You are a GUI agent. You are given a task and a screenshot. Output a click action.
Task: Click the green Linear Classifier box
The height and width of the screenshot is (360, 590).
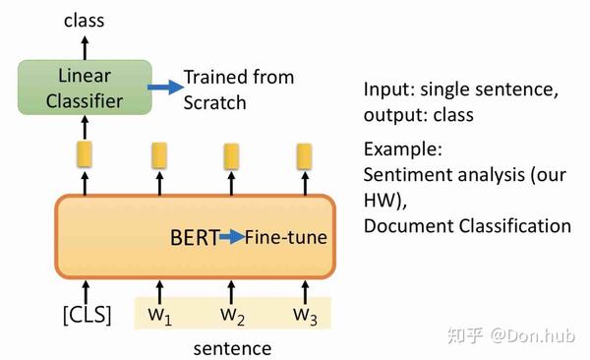[85, 88]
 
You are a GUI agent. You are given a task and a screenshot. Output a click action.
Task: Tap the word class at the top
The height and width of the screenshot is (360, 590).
[85, 19]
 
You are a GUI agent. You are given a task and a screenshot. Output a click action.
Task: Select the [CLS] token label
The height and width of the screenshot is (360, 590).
[86, 315]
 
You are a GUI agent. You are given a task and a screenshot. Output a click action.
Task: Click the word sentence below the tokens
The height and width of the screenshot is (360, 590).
[232, 347]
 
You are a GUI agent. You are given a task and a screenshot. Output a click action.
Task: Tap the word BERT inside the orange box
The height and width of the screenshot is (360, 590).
[194, 237]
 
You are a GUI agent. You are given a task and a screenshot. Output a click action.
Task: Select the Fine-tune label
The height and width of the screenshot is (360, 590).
[286, 237]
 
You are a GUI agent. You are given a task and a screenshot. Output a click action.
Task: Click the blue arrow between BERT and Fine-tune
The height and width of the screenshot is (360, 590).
[232, 237]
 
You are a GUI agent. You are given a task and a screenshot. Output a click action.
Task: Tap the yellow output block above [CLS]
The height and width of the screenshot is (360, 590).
[85, 154]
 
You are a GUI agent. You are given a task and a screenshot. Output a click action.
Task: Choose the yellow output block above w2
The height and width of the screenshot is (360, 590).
[231, 155]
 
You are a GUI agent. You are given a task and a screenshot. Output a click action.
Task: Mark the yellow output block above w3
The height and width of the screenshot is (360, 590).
[304, 155]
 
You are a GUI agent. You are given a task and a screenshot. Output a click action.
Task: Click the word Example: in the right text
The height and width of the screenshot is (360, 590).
[403, 150]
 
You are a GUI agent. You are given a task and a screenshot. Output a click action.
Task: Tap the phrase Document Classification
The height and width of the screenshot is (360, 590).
[466, 226]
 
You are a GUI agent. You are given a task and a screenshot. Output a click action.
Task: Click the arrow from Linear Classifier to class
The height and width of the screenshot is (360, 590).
[85, 45]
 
